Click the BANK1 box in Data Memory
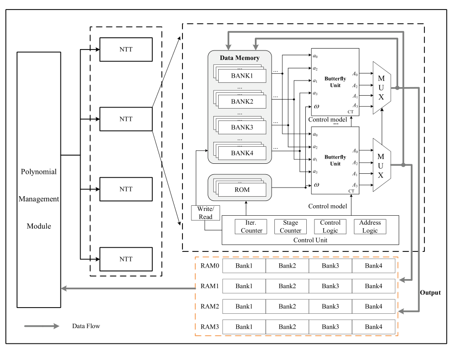click(242, 76)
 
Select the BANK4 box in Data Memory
click(242, 153)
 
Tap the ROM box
click(242, 190)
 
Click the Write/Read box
click(205, 213)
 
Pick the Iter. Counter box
click(251, 227)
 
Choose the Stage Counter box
click(291, 227)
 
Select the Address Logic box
click(370, 227)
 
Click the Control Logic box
click(330, 227)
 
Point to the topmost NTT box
click(126, 50)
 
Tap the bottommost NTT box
click(126, 259)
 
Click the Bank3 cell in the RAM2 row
click(331, 306)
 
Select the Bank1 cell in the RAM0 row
click(244, 266)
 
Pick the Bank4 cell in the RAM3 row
click(373, 327)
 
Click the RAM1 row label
click(210, 286)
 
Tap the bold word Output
click(430, 293)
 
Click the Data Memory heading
click(240, 58)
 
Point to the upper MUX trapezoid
click(382, 88)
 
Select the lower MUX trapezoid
click(382, 165)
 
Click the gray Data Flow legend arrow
click(41, 326)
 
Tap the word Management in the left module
click(39, 199)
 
